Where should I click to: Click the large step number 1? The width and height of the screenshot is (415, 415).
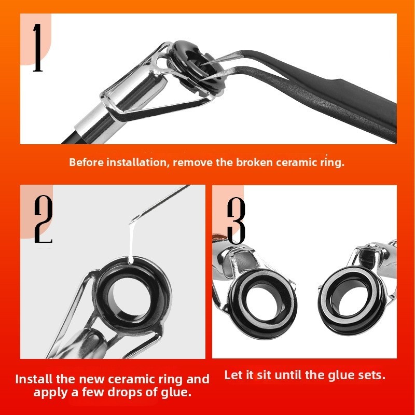pyautogui.click(x=37, y=48)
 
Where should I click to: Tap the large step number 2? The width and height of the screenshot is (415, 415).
pyautogui.click(x=44, y=219)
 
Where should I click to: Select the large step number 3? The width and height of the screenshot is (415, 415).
pyautogui.click(x=237, y=221)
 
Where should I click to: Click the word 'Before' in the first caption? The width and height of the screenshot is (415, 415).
pyautogui.click(x=86, y=162)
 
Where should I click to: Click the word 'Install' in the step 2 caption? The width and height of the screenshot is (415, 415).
pyautogui.click(x=34, y=379)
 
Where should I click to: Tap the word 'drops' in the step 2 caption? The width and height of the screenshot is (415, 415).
pyautogui.click(x=128, y=392)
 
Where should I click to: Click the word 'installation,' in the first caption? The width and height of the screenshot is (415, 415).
pyautogui.click(x=137, y=162)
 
